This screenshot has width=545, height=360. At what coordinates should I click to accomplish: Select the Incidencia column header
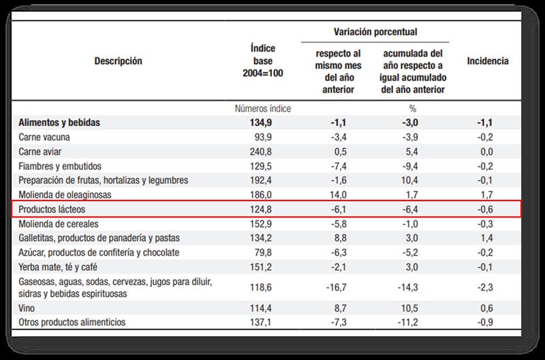pyautogui.click(x=488, y=61)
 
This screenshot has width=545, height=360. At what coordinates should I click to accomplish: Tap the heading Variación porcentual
pyautogui.click(x=376, y=32)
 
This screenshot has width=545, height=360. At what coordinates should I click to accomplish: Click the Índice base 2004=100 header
pyautogui.click(x=263, y=61)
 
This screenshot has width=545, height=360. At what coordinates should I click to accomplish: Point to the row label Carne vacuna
pyautogui.click(x=46, y=137)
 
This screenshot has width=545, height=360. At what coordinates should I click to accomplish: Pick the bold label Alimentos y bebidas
pyautogui.click(x=59, y=123)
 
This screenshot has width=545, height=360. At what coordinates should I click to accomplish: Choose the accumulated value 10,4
pyautogui.click(x=408, y=180)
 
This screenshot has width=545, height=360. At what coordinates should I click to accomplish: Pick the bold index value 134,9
pyautogui.click(x=262, y=123)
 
